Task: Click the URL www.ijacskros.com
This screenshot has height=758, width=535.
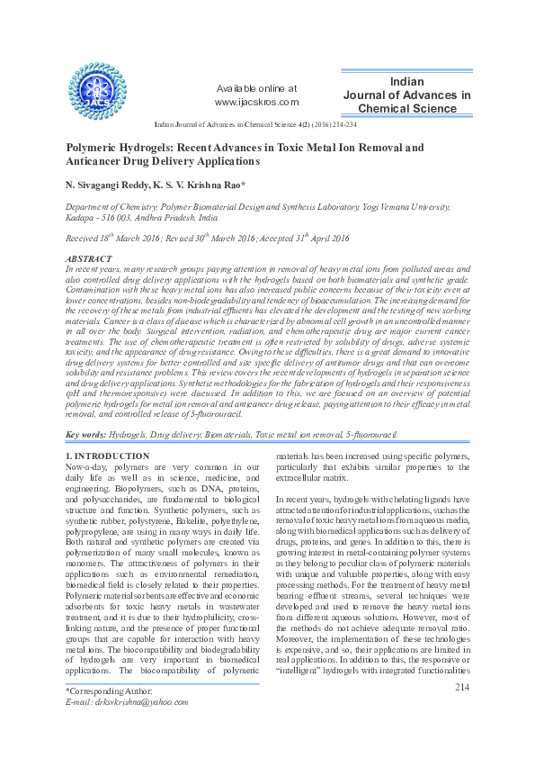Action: (x=256, y=103)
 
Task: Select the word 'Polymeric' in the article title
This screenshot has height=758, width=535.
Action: (x=98, y=146)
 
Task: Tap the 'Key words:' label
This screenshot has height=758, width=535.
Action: (x=86, y=435)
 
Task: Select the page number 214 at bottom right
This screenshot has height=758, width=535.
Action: (x=463, y=688)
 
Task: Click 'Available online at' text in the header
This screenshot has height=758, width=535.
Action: (x=257, y=88)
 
